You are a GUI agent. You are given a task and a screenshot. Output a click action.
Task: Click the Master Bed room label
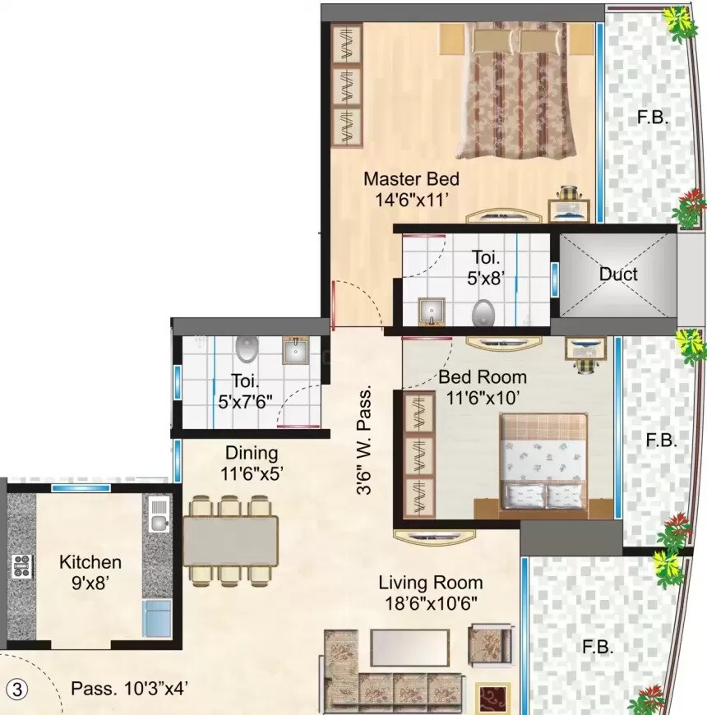coord(411,178)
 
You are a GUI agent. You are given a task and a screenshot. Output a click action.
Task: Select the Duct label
coord(617,274)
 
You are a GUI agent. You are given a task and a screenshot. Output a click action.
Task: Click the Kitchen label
coord(90,563)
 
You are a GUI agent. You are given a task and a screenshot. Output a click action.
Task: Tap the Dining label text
coord(252,453)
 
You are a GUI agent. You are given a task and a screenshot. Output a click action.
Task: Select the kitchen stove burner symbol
coord(21,565)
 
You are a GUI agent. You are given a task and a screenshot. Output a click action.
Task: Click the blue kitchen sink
coord(157,618)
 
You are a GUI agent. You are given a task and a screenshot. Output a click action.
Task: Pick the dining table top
coord(231,540)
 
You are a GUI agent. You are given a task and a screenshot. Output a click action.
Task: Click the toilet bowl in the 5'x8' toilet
coord(483,312)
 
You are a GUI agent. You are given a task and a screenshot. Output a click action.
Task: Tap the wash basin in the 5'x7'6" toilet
coord(295,352)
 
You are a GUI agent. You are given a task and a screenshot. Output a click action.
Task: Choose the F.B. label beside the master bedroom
coord(653,118)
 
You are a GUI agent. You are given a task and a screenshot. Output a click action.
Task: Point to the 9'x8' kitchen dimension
coord(90,583)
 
